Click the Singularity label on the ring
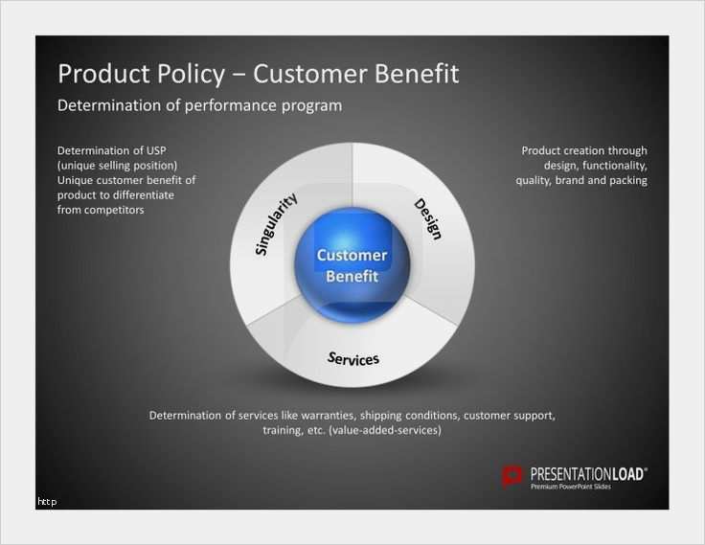coord(276,224)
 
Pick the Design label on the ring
coord(427,218)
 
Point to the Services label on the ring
coord(353,358)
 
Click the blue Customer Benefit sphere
coord(352,265)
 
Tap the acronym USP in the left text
coord(156,150)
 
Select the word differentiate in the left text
coord(146,195)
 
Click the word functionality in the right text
coord(615,166)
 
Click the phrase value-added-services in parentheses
coord(385,430)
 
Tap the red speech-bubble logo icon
coord(512,477)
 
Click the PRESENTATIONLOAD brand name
coord(588,474)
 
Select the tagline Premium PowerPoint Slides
coord(571,487)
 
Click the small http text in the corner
coord(47,502)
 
